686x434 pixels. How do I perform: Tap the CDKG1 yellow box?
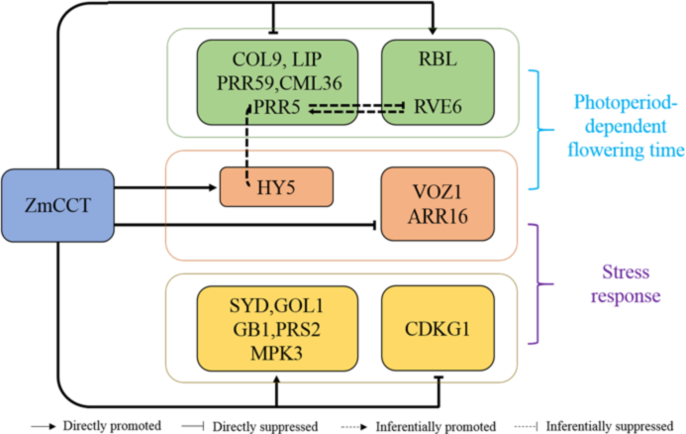(x=437, y=328)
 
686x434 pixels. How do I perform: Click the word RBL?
(x=437, y=58)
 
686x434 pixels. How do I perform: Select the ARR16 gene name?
(x=437, y=220)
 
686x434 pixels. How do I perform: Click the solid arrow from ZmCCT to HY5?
(x=168, y=185)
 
